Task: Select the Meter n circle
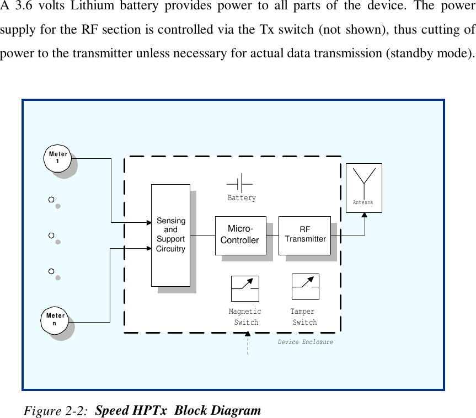pos(55,320)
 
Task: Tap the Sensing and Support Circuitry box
pos(170,235)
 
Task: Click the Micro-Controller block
pos(240,235)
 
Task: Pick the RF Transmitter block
pos(304,235)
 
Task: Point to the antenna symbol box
pos(363,187)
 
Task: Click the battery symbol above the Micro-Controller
pos(240,183)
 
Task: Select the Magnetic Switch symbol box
pos(245,288)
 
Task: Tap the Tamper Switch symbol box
pos(305,287)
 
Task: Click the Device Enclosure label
pos(305,342)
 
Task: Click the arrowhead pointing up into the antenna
pos(365,216)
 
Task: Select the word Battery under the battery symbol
pos(242,198)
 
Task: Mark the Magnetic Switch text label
pos(245,317)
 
